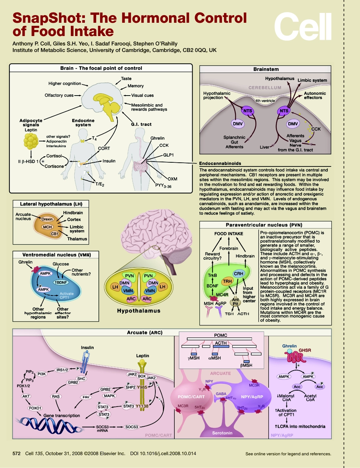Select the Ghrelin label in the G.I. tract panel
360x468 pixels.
click(158, 138)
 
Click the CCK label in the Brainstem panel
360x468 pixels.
click(316, 129)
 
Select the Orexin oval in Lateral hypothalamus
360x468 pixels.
click(47, 219)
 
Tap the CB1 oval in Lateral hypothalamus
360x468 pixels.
click(55, 234)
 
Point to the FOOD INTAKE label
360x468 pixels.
click(229, 234)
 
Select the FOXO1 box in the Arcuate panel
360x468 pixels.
click(35, 408)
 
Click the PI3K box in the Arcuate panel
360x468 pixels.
click(42, 374)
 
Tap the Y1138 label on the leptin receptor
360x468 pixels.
click(142, 406)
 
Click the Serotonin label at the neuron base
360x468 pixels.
click(223, 433)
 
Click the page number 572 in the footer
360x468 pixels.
click(16, 453)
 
